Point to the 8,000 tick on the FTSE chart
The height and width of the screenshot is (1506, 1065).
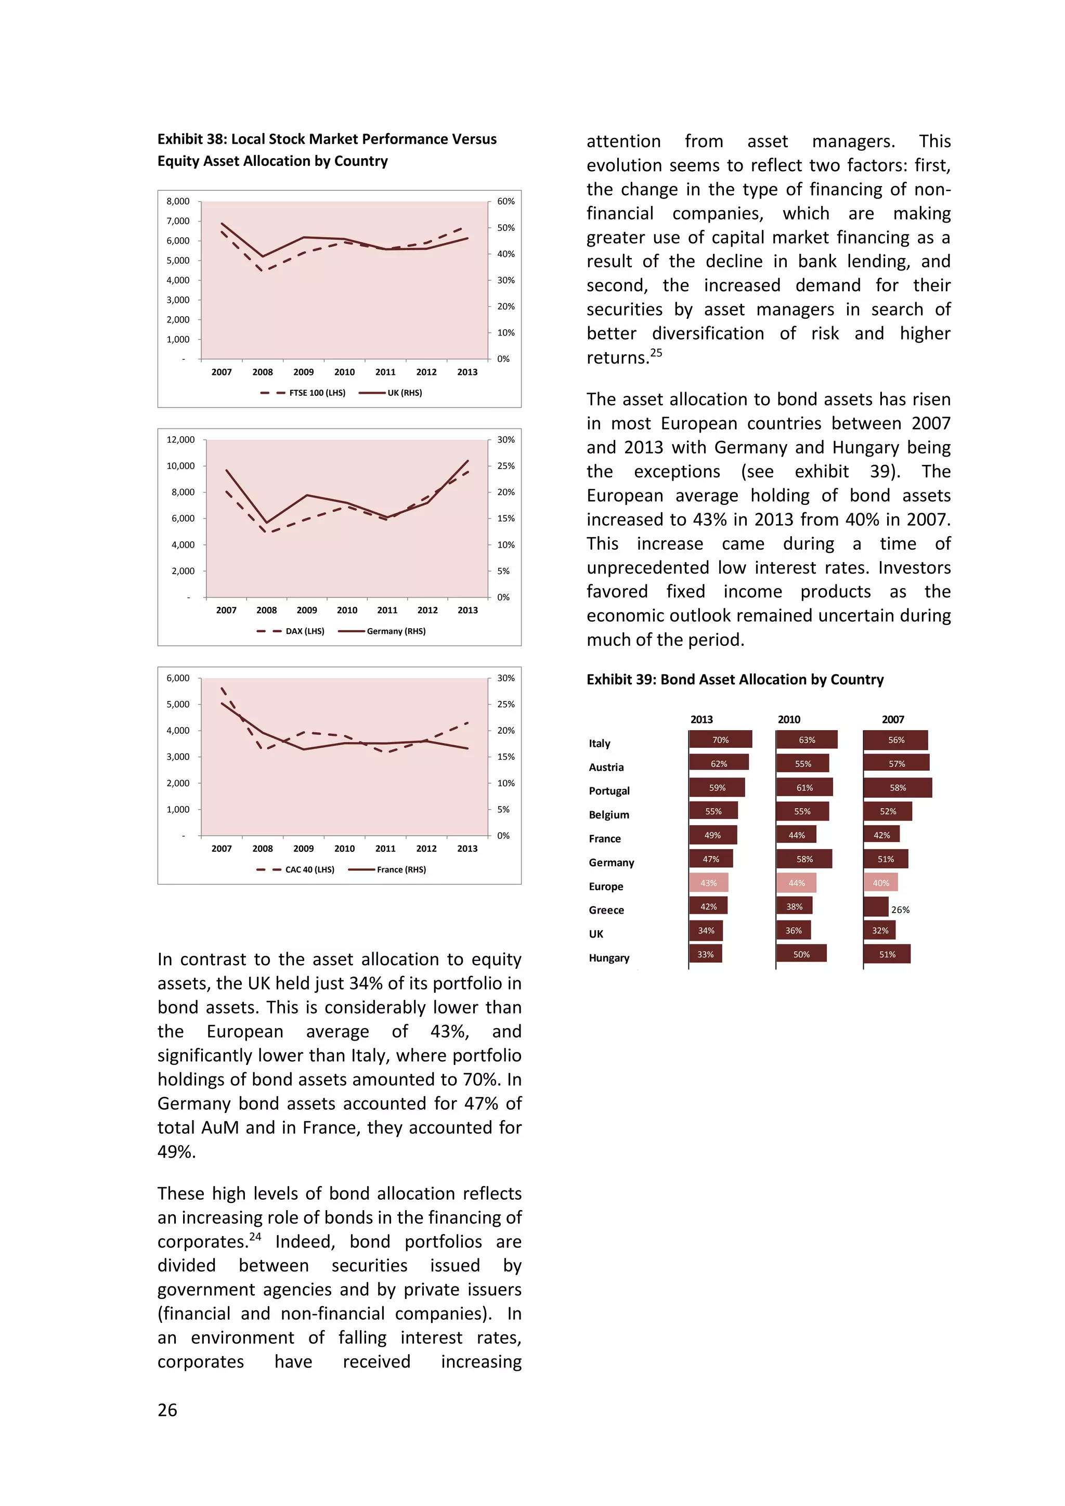click(x=178, y=201)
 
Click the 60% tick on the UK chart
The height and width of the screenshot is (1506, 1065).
click(x=505, y=201)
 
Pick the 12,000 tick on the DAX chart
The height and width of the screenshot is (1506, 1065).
click(x=180, y=439)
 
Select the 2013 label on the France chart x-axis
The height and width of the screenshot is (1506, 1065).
click(x=467, y=848)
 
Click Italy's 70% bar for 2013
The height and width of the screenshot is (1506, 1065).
click(x=720, y=740)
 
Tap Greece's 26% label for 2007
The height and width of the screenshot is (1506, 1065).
click(x=900, y=910)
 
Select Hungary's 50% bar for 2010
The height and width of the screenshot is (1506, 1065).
click(x=801, y=954)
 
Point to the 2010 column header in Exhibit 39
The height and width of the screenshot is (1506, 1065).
click(x=789, y=720)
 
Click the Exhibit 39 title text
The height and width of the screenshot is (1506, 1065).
click(x=734, y=680)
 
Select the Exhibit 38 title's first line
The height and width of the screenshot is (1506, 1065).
click(x=327, y=139)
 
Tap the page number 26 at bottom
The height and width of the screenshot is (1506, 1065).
click(x=167, y=1410)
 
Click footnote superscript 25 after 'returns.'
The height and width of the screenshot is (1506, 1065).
click(x=656, y=353)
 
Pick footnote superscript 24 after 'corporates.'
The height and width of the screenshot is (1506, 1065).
click(x=255, y=1237)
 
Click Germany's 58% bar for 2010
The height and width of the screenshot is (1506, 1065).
click(x=804, y=859)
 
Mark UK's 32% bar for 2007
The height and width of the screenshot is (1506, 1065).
click(x=879, y=931)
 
